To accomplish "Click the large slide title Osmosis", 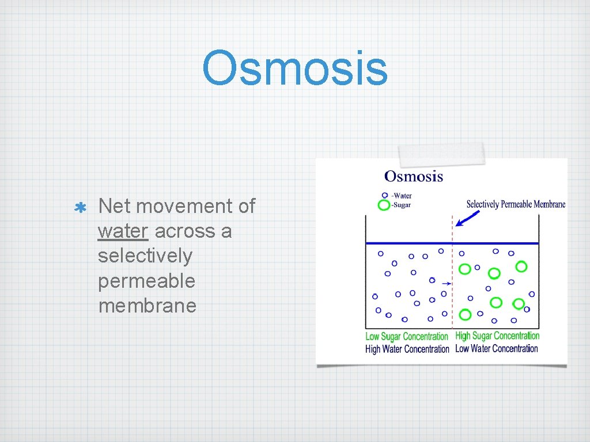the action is coord(295,68).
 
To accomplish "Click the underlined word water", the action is coord(123,231).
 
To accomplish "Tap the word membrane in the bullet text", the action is coord(147,306).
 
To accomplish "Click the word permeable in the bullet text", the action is coord(146,281).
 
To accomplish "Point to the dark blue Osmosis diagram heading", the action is coord(414,176).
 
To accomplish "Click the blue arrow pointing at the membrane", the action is coord(467,218).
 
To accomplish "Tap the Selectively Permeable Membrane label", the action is coord(516,204).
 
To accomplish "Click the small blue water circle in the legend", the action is coord(385,196).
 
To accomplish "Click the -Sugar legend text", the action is coord(402,205).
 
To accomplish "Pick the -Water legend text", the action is coord(402,196).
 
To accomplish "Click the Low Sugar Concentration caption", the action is coord(407,337).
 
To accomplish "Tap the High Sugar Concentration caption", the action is coord(497,336).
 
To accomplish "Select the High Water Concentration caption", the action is coord(407,349).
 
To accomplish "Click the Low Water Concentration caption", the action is coord(496,349).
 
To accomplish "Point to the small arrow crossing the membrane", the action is coord(446,284).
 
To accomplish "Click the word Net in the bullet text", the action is coord(112,206).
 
